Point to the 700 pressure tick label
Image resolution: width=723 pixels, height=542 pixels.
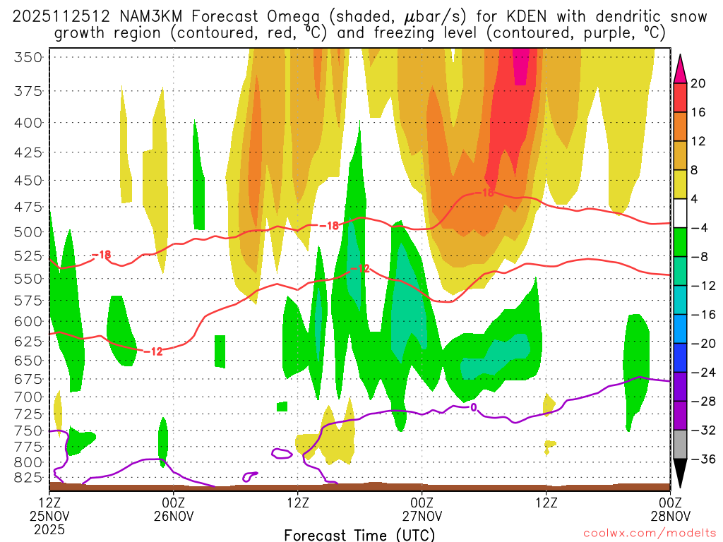pos(28,397)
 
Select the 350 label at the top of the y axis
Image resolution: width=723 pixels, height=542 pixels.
pos(28,58)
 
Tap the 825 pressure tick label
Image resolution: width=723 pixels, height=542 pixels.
pos(28,478)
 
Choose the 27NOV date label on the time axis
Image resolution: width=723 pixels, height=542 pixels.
pos(422,516)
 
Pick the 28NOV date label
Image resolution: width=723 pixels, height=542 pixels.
pos(669,516)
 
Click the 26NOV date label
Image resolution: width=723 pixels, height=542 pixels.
pos(174,516)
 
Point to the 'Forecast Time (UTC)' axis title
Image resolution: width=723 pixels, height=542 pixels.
pos(359,535)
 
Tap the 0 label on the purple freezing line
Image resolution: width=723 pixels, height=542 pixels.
pos(473,407)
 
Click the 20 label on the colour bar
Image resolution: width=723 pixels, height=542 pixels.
pos(698,83)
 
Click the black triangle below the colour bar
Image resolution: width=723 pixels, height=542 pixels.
pos(680,474)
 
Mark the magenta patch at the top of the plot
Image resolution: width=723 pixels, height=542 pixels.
pos(520,67)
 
